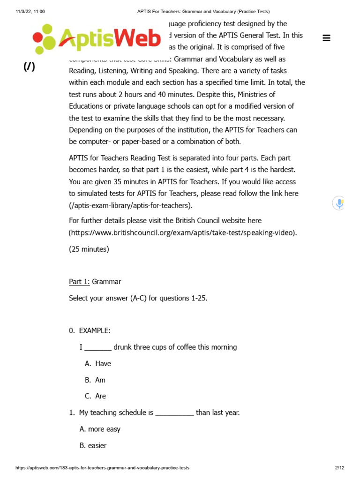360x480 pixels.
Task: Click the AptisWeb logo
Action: click(97, 39)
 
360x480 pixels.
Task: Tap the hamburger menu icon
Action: click(327, 38)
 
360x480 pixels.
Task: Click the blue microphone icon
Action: click(339, 203)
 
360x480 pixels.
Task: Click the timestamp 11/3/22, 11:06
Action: click(30, 12)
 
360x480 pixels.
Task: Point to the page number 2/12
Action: click(339, 468)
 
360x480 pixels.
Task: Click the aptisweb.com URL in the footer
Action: click(102, 468)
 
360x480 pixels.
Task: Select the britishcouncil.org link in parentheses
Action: click(183, 233)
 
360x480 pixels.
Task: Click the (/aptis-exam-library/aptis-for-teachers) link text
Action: click(130, 205)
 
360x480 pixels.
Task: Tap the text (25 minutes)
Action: click(89, 249)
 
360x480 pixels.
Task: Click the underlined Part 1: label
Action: click(79, 282)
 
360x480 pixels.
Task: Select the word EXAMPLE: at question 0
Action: click(95, 330)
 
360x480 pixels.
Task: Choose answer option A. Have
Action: click(98, 363)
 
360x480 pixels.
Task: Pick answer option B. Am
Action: click(95, 380)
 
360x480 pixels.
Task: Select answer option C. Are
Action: click(96, 396)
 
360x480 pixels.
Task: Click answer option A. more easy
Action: click(100, 429)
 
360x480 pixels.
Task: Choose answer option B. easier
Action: click(93, 446)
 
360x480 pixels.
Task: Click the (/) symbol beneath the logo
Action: click(29, 67)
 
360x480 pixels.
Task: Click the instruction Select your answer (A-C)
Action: click(138, 298)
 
